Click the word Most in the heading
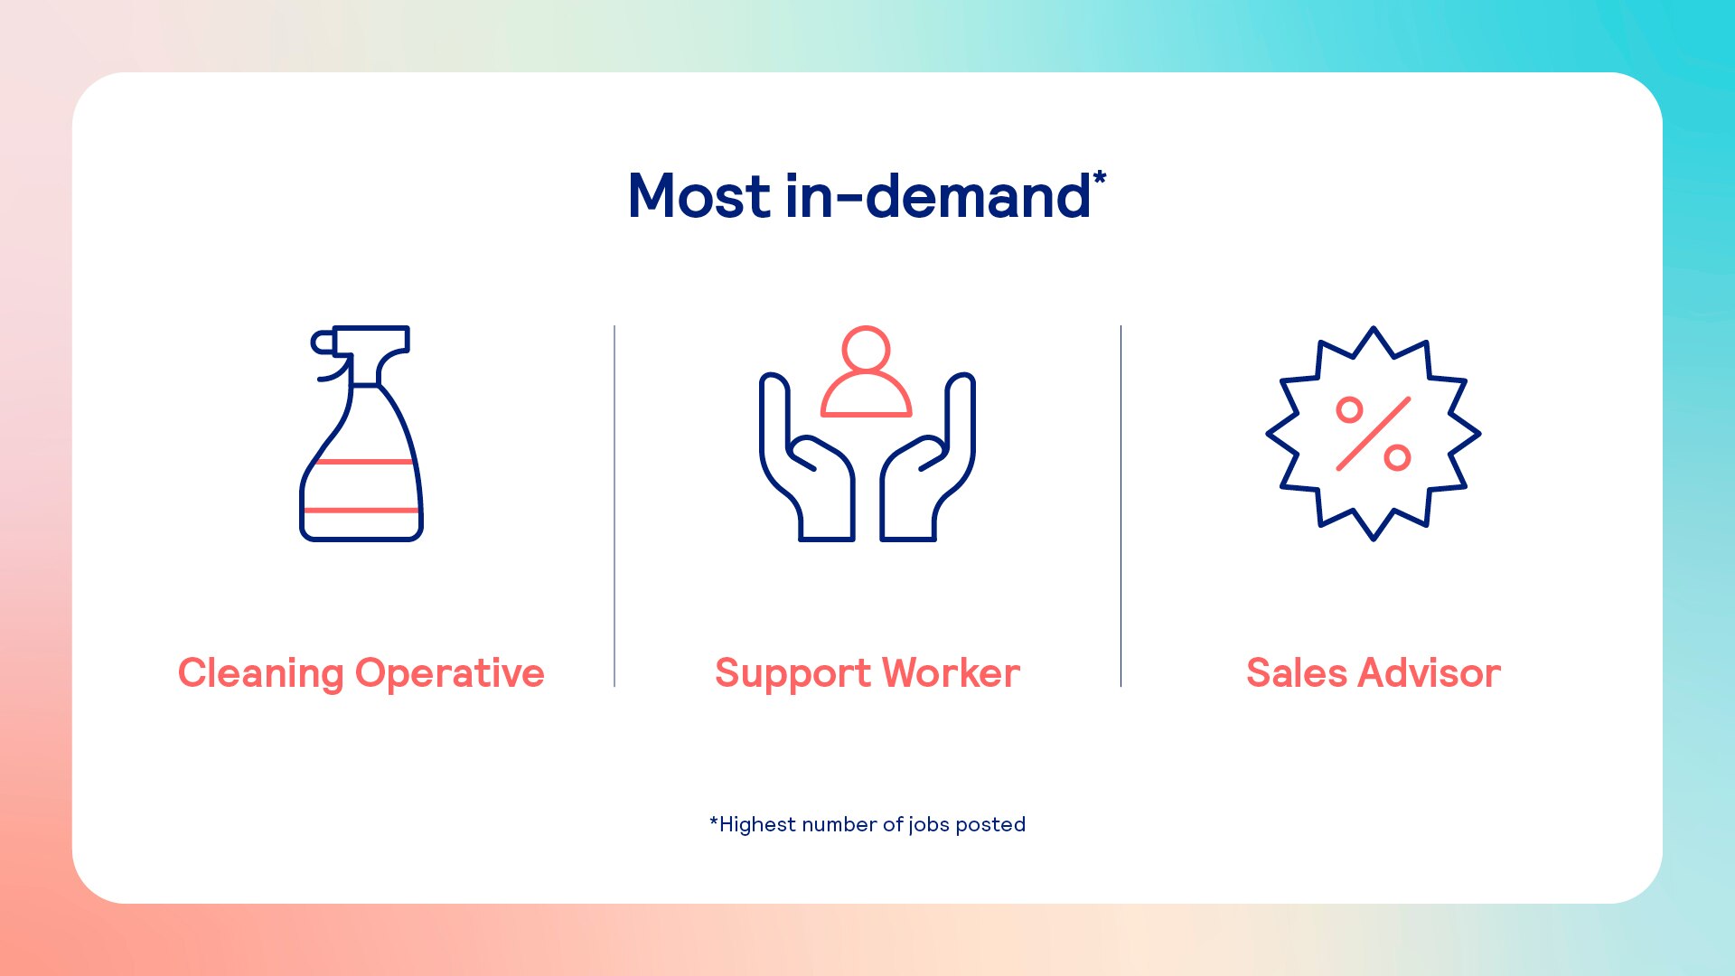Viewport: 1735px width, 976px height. pos(699,196)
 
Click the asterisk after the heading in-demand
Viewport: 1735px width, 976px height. pos(1100,177)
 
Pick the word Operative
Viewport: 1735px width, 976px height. pos(450,674)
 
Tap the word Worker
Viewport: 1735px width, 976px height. pos(952,673)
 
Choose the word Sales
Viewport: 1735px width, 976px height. pos(1297,673)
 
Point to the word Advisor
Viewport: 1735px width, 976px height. pos(1430,673)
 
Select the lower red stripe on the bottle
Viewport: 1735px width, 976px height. pos(361,511)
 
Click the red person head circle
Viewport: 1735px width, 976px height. pos(866,349)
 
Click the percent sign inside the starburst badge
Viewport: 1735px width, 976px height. pos(1374,434)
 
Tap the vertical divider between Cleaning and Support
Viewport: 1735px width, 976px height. pos(614,506)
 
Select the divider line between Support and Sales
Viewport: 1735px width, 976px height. pos(1121,506)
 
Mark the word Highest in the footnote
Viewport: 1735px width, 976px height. pos(757,825)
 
